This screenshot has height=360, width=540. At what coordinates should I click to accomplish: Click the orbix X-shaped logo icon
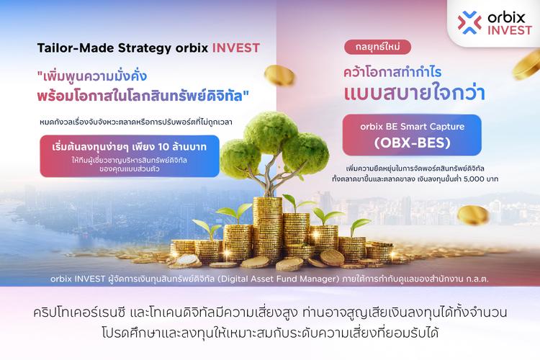(x=470, y=22)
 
